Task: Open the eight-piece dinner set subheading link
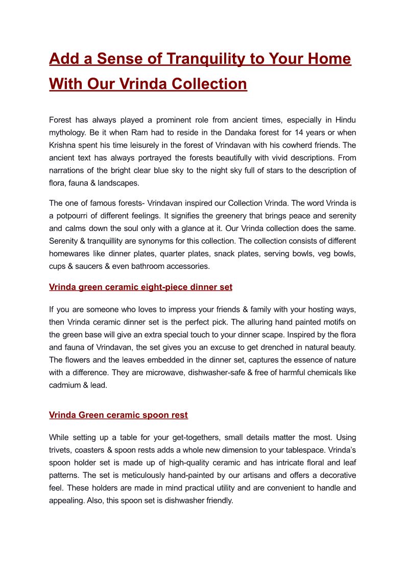coord(140,287)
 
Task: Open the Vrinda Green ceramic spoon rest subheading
coord(118,415)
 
